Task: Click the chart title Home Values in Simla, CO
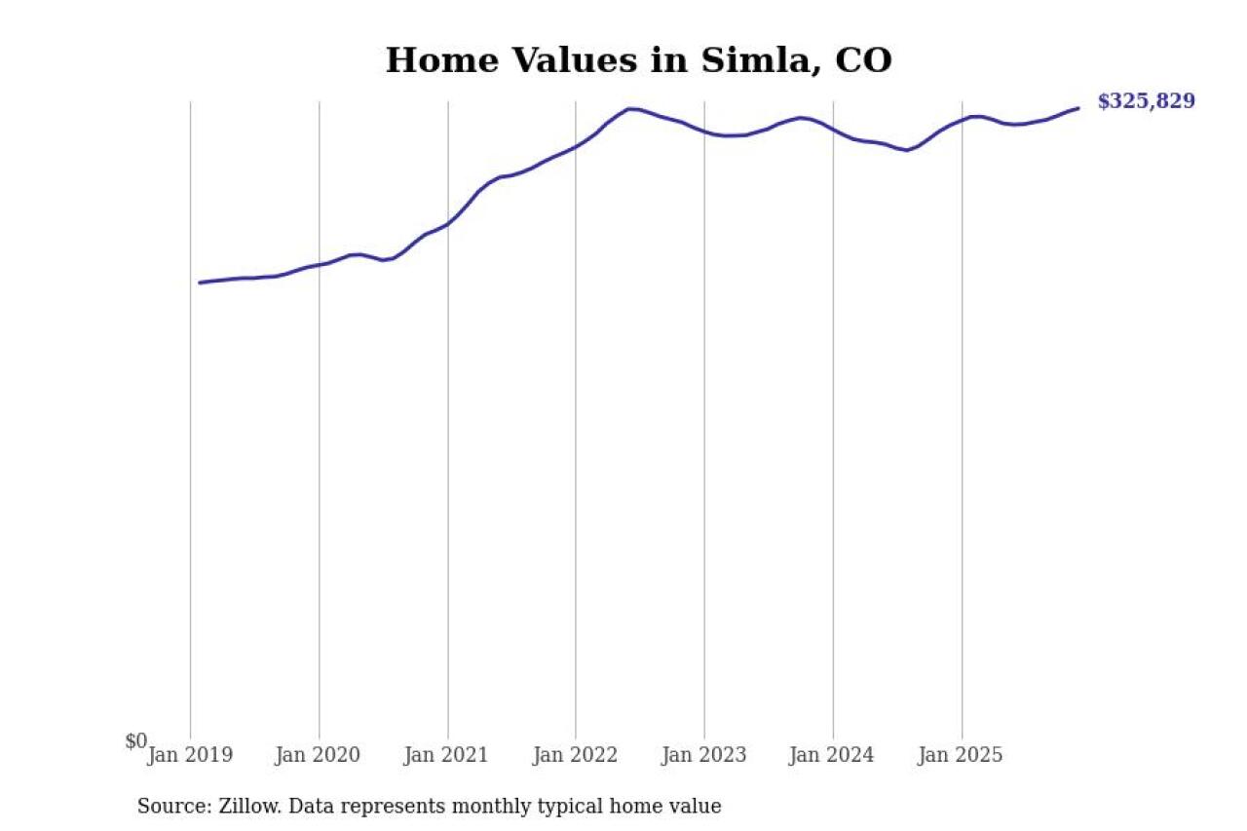638,60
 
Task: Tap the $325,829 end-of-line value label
1146,101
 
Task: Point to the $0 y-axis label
136,741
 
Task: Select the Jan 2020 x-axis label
320,755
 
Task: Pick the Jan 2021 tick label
448,755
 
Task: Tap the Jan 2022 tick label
576,755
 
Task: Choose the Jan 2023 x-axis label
704,755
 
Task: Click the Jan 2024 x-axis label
833,755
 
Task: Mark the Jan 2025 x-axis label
962,755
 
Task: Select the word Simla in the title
749,60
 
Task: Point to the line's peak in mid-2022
630,108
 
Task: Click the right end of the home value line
1077,108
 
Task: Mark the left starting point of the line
200,283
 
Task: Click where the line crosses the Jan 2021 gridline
448,224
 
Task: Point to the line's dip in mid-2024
906,150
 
